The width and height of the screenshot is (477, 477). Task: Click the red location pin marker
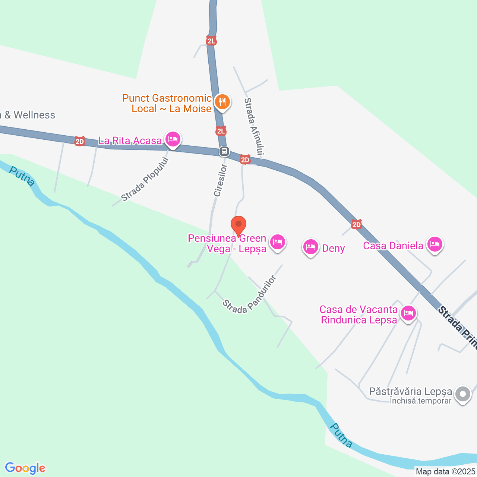pos(238,225)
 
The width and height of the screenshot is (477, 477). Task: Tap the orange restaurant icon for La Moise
pos(222,101)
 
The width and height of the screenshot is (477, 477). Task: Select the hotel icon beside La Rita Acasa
pos(172,139)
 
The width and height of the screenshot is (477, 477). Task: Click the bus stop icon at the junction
pos(224,151)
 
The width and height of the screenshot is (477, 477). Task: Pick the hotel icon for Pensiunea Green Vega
pos(277,242)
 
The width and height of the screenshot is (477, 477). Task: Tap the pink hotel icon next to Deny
pos(310,247)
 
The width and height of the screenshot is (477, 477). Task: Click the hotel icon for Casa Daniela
pos(435,244)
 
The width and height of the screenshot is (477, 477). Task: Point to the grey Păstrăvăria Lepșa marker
pos(463,394)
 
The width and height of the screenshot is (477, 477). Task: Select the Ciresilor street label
pos(220,180)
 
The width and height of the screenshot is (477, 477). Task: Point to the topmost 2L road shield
pos(211,41)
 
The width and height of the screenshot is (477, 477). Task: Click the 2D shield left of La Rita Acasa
pos(79,141)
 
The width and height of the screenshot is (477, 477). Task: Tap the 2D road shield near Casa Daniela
pos(357,224)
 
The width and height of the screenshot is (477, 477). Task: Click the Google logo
pos(25,468)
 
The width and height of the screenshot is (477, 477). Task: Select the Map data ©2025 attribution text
pos(446,472)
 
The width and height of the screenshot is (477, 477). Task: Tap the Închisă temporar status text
pos(420,401)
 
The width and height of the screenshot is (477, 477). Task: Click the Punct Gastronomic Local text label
pos(167,98)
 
